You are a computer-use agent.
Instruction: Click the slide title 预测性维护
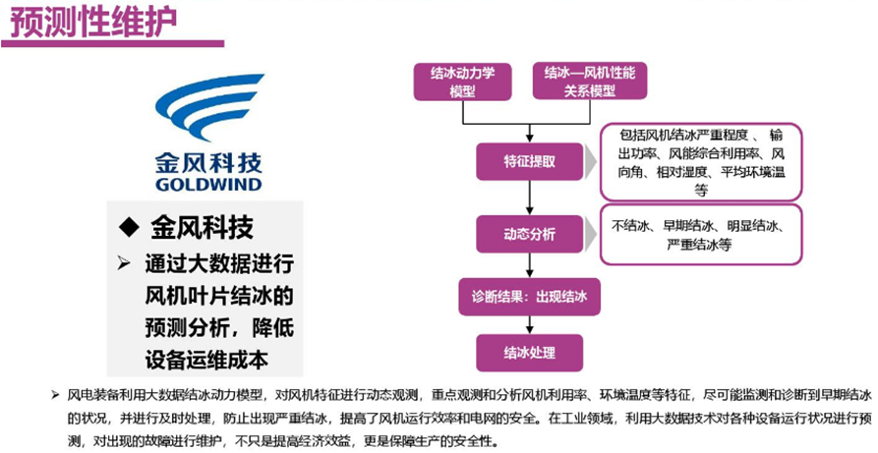tap(94, 22)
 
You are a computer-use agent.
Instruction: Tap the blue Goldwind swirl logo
tap(209, 107)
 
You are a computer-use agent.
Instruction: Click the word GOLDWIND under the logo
tap(208, 184)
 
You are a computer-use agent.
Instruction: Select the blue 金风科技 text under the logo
tap(208, 162)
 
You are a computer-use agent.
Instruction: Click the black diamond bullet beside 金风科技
tap(128, 227)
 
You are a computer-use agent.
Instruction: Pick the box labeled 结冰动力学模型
tap(462, 82)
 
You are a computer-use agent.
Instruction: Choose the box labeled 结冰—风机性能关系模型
tap(590, 82)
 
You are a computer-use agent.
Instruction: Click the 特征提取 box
tap(530, 162)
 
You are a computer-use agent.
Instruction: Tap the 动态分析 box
tap(530, 234)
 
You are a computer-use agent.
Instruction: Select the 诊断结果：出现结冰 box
tap(529, 297)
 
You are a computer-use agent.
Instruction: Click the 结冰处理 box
tap(530, 353)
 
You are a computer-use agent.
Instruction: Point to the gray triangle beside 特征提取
tap(591, 162)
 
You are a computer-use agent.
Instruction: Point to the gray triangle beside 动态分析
tap(591, 234)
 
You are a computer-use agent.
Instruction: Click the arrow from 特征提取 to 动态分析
tap(529, 198)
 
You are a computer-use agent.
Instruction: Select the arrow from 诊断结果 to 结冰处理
tap(529, 325)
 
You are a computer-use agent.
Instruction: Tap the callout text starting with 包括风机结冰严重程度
tap(701, 162)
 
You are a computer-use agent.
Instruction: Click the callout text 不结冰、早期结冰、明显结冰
tap(700, 226)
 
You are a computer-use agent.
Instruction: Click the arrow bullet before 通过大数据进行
tap(124, 263)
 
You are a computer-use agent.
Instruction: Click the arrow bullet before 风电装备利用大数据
tap(55, 396)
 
